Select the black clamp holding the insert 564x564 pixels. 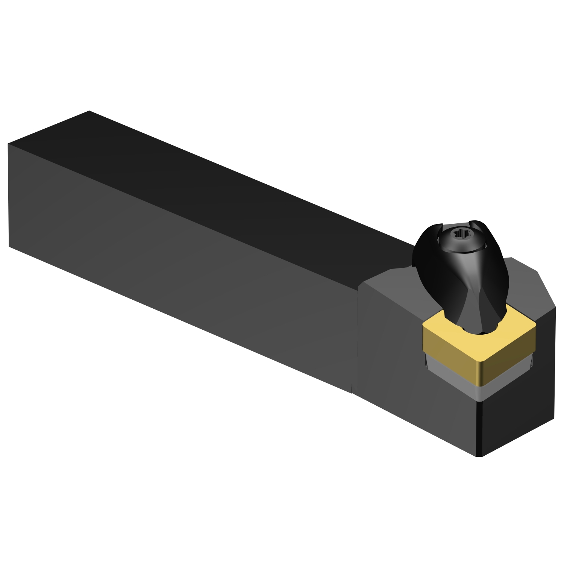coord(466,286)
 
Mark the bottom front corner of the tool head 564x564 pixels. coord(479,456)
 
